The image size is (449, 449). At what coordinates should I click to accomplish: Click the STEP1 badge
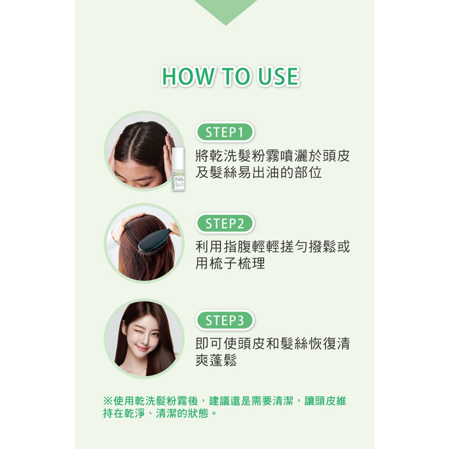click(x=225, y=132)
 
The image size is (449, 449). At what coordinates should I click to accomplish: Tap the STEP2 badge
click(x=225, y=224)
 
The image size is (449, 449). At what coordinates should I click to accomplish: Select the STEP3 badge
click(x=225, y=321)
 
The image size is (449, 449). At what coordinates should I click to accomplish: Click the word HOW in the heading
click(x=182, y=77)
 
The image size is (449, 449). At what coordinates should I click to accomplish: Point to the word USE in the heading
click(x=278, y=77)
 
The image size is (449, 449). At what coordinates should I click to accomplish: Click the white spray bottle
click(x=178, y=171)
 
